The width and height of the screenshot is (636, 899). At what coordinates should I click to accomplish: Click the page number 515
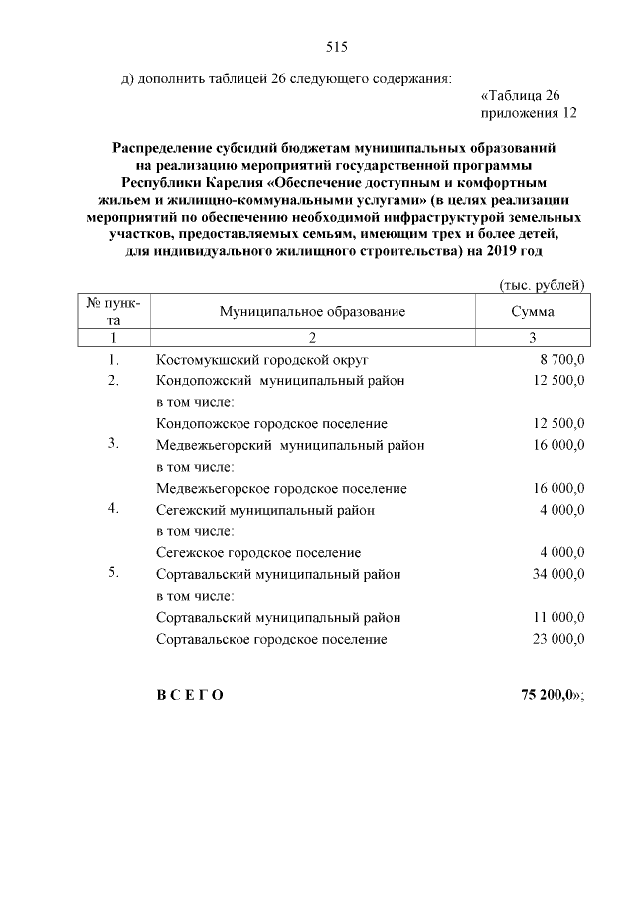click(335, 47)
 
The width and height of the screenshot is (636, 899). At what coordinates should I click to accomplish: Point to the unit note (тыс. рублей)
click(542, 285)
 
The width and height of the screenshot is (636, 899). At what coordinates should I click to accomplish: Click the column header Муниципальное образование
click(313, 312)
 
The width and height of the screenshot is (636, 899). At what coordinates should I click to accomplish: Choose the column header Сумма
click(533, 312)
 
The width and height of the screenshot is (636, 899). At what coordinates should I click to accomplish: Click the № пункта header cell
click(114, 312)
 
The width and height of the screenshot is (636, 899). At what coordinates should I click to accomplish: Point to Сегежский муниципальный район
click(265, 510)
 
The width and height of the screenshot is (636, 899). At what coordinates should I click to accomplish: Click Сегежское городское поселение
click(258, 552)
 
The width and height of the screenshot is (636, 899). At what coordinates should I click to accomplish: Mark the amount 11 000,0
click(559, 617)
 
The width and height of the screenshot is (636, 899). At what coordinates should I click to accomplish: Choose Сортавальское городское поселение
click(271, 639)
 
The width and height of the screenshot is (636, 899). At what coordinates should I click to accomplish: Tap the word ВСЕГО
click(190, 695)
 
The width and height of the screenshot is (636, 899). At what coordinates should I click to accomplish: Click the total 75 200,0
click(548, 695)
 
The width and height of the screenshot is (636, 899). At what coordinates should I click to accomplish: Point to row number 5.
click(114, 573)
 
